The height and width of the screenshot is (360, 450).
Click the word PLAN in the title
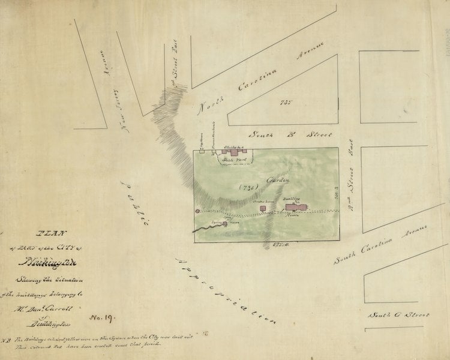(50, 235)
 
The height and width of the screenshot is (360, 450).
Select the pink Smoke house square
(263, 208)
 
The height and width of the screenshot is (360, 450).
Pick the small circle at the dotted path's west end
(197, 211)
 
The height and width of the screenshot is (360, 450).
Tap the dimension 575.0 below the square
(265, 246)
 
